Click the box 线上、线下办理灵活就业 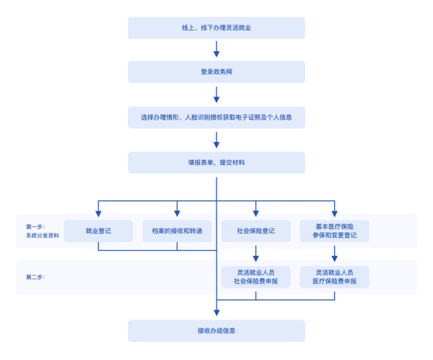click(216, 28)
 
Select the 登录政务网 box click(216, 72)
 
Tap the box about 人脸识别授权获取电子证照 click(216, 118)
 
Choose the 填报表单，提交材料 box click(216, 163)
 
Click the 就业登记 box click(98, 231)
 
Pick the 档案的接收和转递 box click(177, 231)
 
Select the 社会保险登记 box click(256, 231)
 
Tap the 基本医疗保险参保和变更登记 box click(334, 231)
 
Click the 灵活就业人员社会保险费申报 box click(256, 277)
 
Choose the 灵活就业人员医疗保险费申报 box click(334, 277)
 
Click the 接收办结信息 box click(216, 331)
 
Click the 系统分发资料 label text click(42, 236)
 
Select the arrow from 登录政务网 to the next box click(216, 94)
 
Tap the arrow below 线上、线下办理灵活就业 click(216, 49)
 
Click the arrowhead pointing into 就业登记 click(98, 213)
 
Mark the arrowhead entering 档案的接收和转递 click(177, 213)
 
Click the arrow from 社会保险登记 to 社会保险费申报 click(256, 254)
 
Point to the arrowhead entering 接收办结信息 click(216, 313)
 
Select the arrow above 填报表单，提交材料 click(216, 140)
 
